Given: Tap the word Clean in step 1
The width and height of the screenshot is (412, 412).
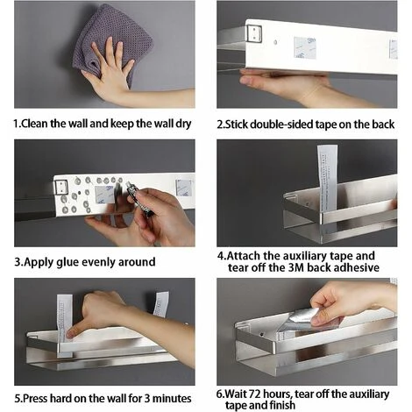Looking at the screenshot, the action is point(34,124).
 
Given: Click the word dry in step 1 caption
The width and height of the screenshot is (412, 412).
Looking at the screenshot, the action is point(183,124).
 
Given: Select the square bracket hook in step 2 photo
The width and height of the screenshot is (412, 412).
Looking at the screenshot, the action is point(254,33).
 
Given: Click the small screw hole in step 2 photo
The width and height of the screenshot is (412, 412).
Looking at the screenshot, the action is point(275,42).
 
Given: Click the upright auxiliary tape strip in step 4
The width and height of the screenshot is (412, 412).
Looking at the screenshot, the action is point(327,178).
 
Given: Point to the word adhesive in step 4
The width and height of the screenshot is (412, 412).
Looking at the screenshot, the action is point(357,267).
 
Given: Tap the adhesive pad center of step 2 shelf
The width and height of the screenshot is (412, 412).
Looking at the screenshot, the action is point(305,48).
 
